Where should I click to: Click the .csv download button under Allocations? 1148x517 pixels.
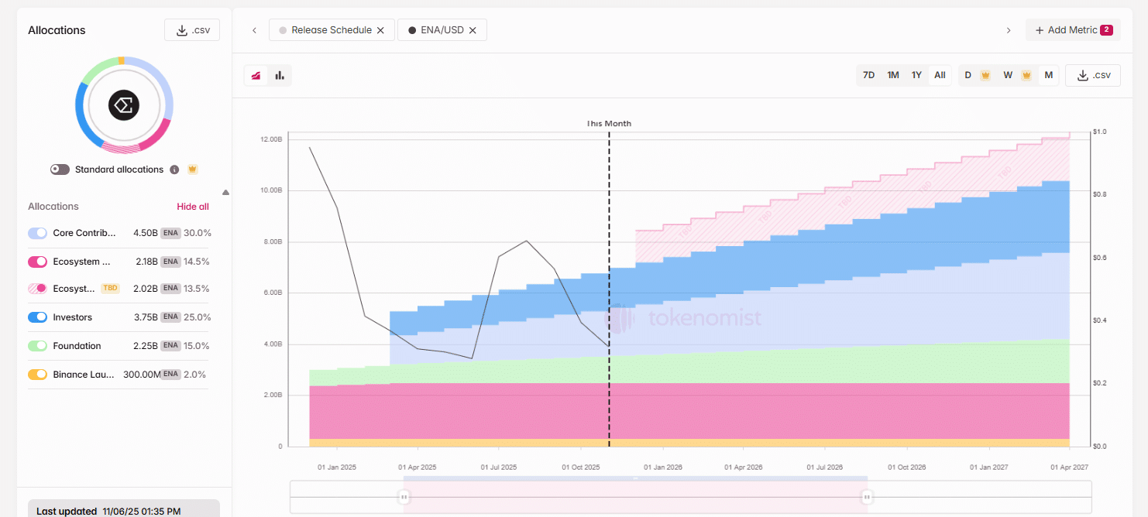click(x=192, y=30)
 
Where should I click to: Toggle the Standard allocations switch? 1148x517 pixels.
click(x=60, y=169)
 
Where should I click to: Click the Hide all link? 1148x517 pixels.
click(x=193, y=207)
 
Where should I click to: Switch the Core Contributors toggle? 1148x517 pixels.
click(x=38, y=233)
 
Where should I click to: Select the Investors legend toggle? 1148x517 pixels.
click(x=38, y=317)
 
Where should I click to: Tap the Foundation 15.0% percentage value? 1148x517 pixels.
click(x=198, y=346)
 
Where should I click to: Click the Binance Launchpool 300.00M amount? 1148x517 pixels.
click(x=141, y=375)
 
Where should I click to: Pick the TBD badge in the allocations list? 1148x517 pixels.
click(x=110, y=288)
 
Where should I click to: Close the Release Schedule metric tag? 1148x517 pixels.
click(x=380, y=30)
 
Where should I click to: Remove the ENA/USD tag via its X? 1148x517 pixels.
click(x=473, y=30)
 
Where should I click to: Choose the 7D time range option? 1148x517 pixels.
click(x=868, y=75)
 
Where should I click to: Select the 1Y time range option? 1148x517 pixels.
click(x=916, y=75)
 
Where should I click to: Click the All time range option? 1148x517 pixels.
click(x=940, y=75)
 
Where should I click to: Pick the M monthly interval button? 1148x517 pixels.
click(x=1048, y=75)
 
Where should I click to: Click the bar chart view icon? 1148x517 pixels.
click(x=280, y=75)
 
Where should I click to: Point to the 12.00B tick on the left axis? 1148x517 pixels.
click(x=271, y=139)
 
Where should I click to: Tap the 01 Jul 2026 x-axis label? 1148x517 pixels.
click(x=824, y=467)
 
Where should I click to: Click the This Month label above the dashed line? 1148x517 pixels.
click(x=609, y=124)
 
